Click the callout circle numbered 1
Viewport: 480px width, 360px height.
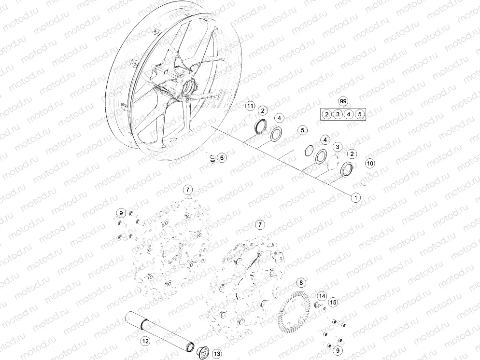point(356,197)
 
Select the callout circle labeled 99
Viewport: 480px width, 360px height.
point(343,101)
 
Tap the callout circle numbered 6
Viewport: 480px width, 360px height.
point(222,158)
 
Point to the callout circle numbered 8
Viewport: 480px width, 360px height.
point(301,283)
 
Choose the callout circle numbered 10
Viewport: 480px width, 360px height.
point(370,163)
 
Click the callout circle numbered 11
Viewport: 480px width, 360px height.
point(251,106)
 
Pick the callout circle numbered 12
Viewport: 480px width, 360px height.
point(145,341)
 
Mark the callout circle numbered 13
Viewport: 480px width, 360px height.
point(217,354)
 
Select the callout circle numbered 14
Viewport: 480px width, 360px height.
point(322,296)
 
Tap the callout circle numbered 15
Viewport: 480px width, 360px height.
point(333,303)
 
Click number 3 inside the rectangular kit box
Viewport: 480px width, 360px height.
point(338,114)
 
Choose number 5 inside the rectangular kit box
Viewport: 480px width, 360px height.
point(360,114)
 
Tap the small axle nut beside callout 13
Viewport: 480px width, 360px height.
point(203,351)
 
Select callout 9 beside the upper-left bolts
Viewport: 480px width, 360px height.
point(121,213)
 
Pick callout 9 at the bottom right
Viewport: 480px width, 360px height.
point(338,350)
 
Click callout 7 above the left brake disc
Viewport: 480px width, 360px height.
point(188,190)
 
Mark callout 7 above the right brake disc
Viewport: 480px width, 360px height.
point(260,225)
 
